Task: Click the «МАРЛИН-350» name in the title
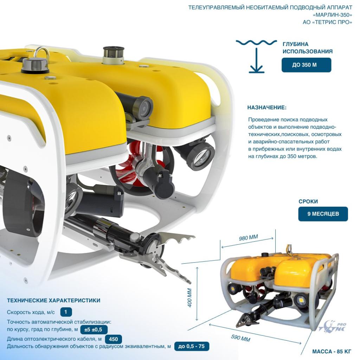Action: [x=332, y=15]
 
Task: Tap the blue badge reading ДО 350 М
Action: [x=306, y=65]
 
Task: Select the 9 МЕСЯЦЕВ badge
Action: [x=323, y=214]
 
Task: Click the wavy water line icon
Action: [x=256, y=43]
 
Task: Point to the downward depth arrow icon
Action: [x=256, y=60]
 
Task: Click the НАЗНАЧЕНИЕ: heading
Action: [x=267, y=108]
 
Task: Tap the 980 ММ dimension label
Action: [x=249, y=237]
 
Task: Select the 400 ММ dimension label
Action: [x=189, y=297]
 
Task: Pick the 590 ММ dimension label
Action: [x=240, y=338]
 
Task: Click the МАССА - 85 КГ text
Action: [x=332, y=352]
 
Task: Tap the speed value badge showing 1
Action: [x=66, y=312]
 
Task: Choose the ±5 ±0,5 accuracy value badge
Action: [x=94, y=330]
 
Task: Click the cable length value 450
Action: [x=114, y=339]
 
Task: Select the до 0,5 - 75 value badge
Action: [x=192, y=346]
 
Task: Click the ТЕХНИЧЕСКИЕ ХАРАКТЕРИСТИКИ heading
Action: [x=53, y=301]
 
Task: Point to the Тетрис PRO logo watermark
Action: [x=332, y=326]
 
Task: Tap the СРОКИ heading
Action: [x=308, y=201]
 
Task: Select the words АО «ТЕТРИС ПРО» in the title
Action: [x=327, y=22]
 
